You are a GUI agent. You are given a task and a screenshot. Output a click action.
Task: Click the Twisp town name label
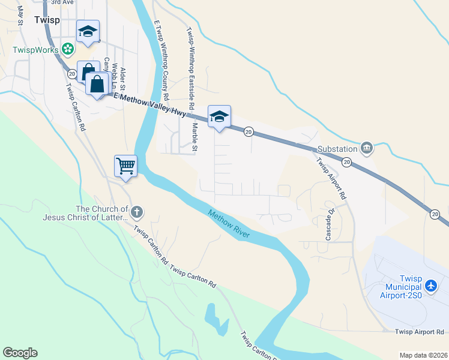click(46, 20)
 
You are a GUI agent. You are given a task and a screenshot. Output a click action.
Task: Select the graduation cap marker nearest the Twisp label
click(88, 32)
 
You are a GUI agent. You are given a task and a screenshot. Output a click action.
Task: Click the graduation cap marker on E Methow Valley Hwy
click(219, 117)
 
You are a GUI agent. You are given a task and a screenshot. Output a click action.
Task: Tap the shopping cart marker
click(126, 166)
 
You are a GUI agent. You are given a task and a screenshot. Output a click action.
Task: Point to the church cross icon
click(136, 211)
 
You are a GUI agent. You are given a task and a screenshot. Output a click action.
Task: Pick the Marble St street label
click(195, 136)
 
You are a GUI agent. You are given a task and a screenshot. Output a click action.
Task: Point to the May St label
click(20, 15)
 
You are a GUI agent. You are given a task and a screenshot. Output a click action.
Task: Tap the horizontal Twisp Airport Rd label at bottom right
click(419, 332)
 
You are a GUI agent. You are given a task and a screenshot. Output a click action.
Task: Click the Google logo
click(20, 353)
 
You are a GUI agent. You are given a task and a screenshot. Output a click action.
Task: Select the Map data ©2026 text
click(423, 355)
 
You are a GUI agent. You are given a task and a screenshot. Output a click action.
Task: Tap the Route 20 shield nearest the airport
click(435, 213)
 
